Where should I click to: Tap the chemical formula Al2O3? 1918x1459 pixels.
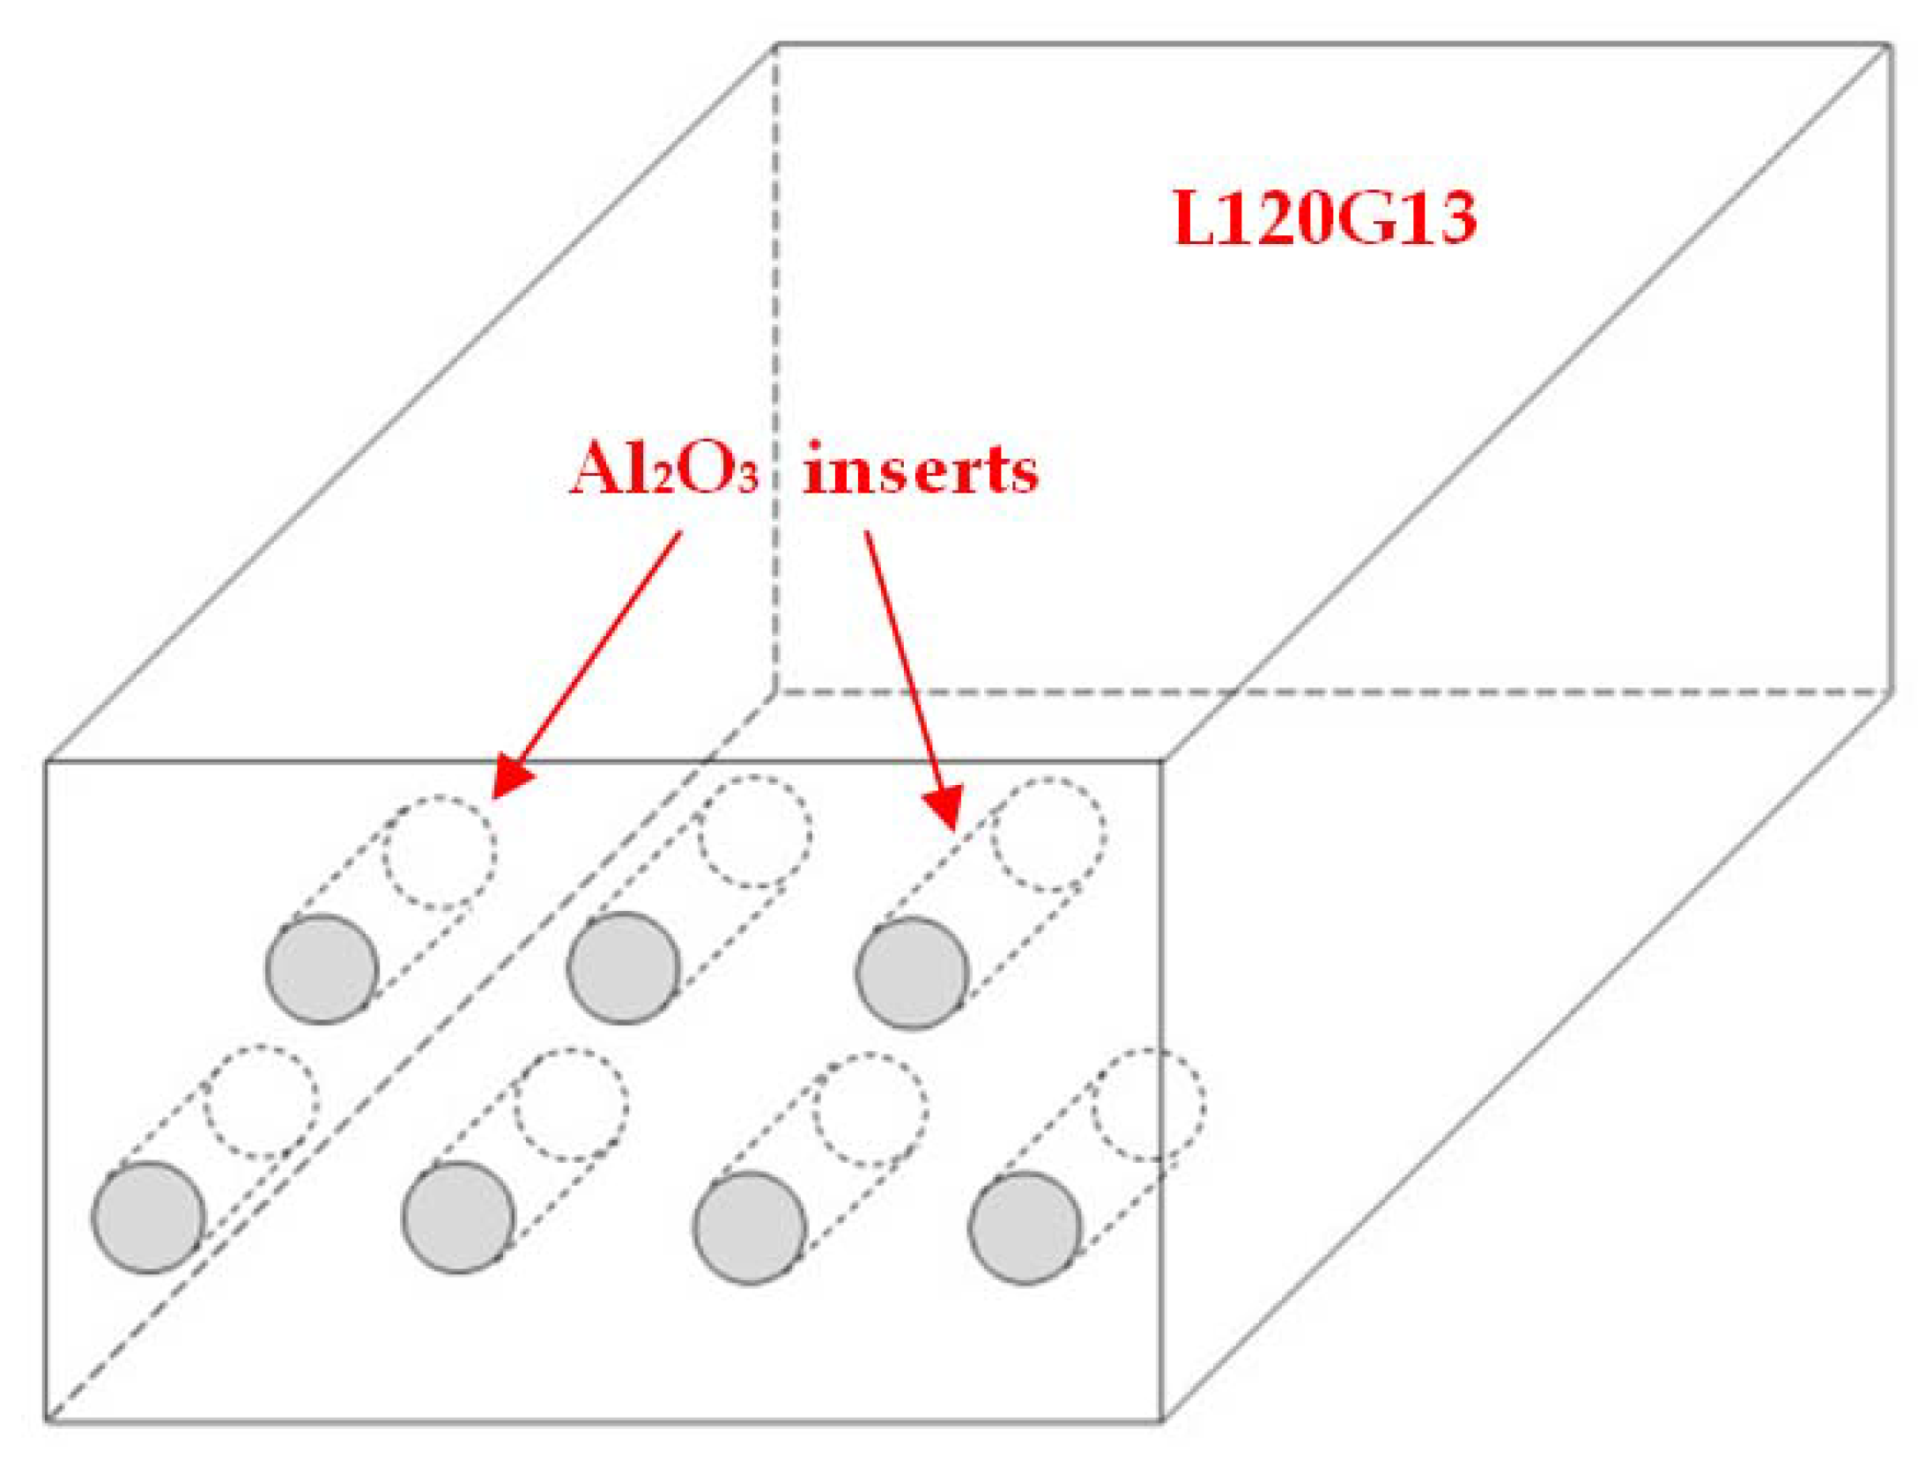[x=663, y=470]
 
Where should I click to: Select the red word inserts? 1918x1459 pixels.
[x=921, y=470]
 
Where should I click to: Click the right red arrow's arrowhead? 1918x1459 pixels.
[x=944, y=807]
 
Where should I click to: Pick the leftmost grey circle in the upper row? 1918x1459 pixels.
[x=322, y=968]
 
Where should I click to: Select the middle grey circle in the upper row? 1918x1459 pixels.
[x=623, y=967]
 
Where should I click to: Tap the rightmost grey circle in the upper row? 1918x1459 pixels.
[x=911, y=972]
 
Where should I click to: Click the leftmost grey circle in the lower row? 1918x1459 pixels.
[x=148, y=1217]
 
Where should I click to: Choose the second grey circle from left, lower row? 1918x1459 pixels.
[x=457, y=1217]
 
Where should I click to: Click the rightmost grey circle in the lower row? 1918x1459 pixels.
[x=1024, y=1227]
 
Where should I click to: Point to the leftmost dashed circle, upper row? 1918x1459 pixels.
[x=439, y=851]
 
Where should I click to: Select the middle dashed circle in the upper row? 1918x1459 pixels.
[x=755, y=832]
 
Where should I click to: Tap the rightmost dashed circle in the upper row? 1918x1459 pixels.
[x=1048, y=833]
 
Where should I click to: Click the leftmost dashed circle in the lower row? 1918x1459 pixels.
[x=261, y=1101]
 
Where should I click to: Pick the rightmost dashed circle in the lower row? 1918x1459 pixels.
[x=1148, y=1104]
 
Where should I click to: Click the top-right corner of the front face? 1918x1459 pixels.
[x=1161, y=760]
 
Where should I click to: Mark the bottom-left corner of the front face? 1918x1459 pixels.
[x=47, y=1419]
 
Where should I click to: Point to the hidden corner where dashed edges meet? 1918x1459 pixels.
[x=774, y=692]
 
